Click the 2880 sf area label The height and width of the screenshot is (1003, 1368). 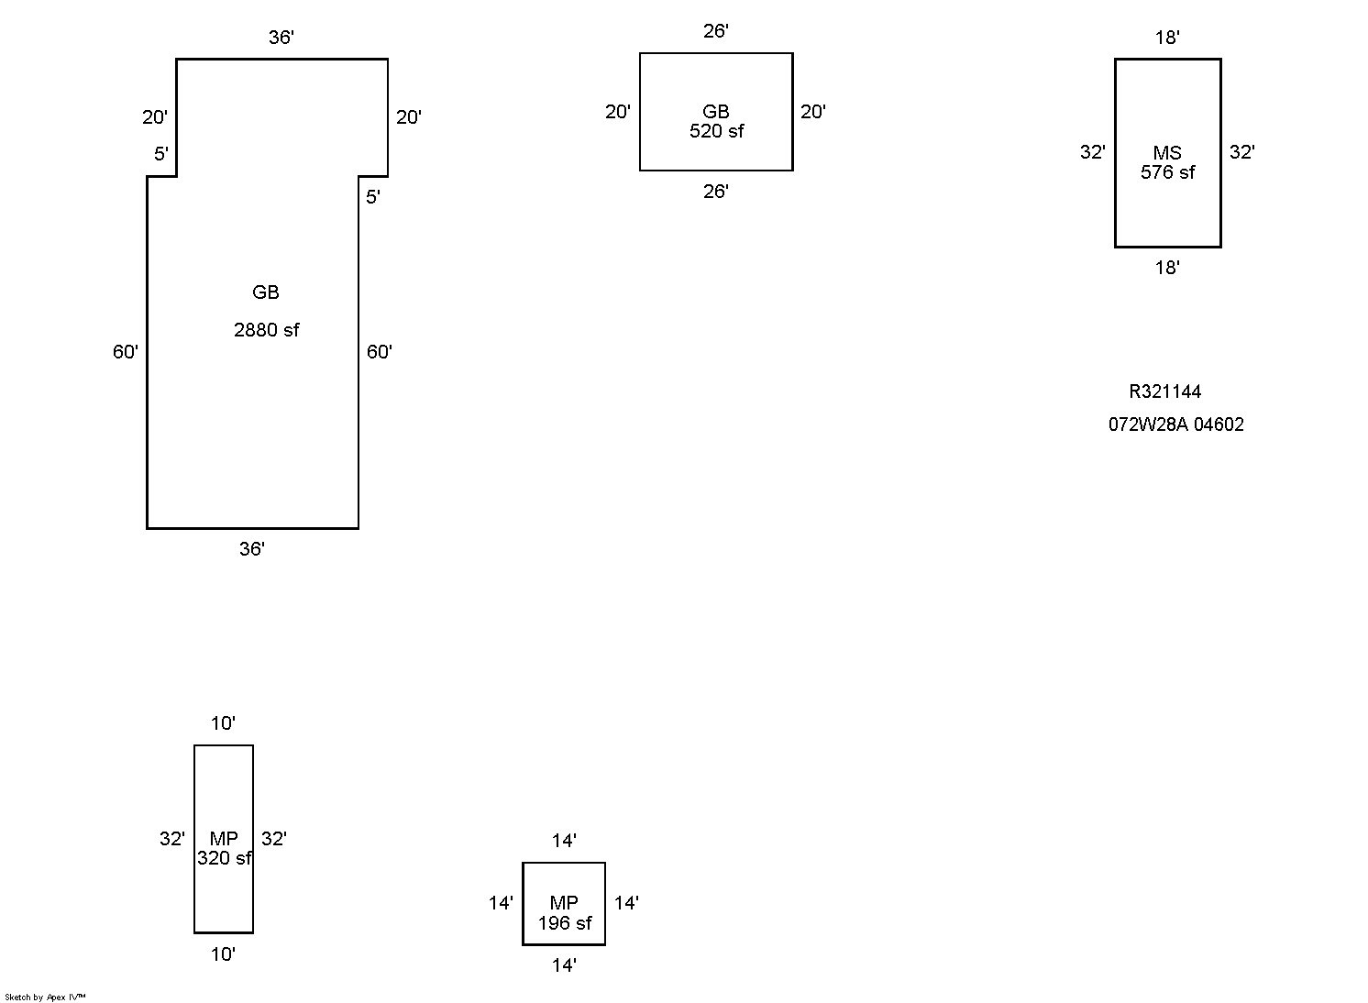click(266, 330)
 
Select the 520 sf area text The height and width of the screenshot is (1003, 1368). click(716, 131)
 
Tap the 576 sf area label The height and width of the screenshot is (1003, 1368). click(1167, 172)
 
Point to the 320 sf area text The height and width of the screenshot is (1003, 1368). click(224, 858)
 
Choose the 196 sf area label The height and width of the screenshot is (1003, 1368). click(564, 923)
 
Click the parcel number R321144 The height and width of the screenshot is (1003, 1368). click(1164, 391)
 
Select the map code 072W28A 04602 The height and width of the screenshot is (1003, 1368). click(1175, 424)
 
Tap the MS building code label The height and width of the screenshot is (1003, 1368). click(1167, 152)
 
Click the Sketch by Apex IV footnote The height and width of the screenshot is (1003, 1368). click(45, 997)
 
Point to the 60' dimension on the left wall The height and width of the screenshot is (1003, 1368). click(126, 352)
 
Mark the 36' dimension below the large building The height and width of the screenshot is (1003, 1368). click(252, 549)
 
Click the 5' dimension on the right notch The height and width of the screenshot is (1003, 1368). click(372, 197)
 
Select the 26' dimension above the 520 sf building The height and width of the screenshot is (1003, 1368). click(716, 31)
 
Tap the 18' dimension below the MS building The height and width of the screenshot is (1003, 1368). click(1167, 268)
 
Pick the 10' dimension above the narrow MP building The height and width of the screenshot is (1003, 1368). click(223, 723)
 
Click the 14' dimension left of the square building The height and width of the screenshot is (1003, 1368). click(501, 903)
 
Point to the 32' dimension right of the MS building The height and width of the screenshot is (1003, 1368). click(1241, 152)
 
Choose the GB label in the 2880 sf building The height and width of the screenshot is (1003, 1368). click(266, 292)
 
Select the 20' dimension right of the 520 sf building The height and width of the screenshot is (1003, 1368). click(813, 112)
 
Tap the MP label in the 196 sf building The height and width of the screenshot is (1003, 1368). click(564, 903)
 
